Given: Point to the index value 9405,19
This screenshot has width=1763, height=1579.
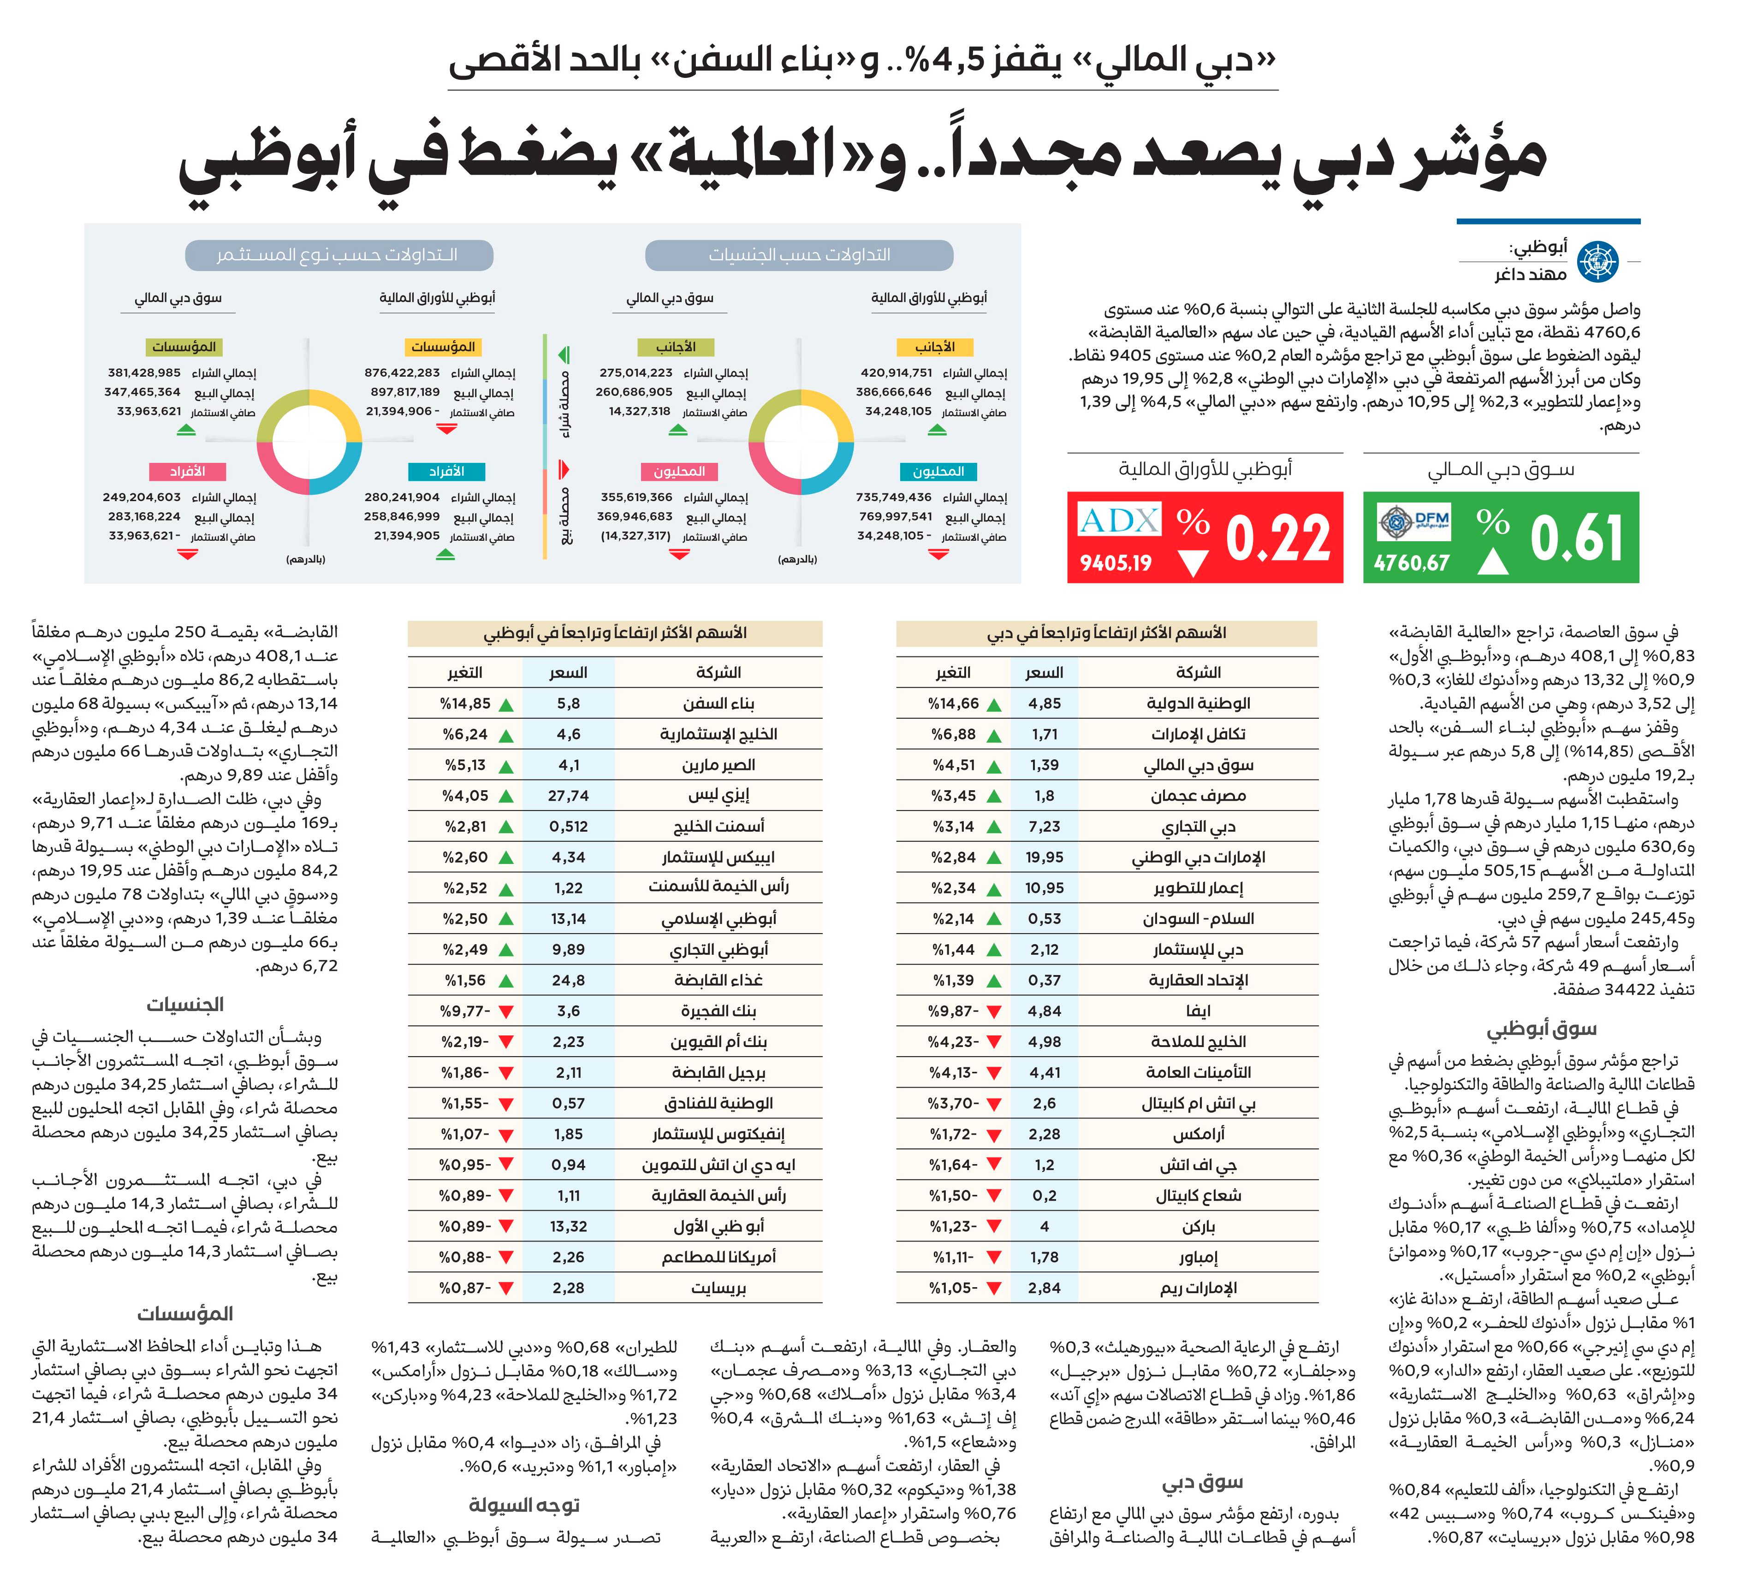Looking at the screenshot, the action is [x=1115, y=563].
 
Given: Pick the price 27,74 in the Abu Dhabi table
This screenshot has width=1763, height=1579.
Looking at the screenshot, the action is [x=568, y=796].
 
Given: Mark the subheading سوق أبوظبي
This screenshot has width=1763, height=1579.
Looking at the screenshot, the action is [x=1542, y=1029].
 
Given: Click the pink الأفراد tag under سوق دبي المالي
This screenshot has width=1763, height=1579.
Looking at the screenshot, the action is [x=187, y=471].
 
